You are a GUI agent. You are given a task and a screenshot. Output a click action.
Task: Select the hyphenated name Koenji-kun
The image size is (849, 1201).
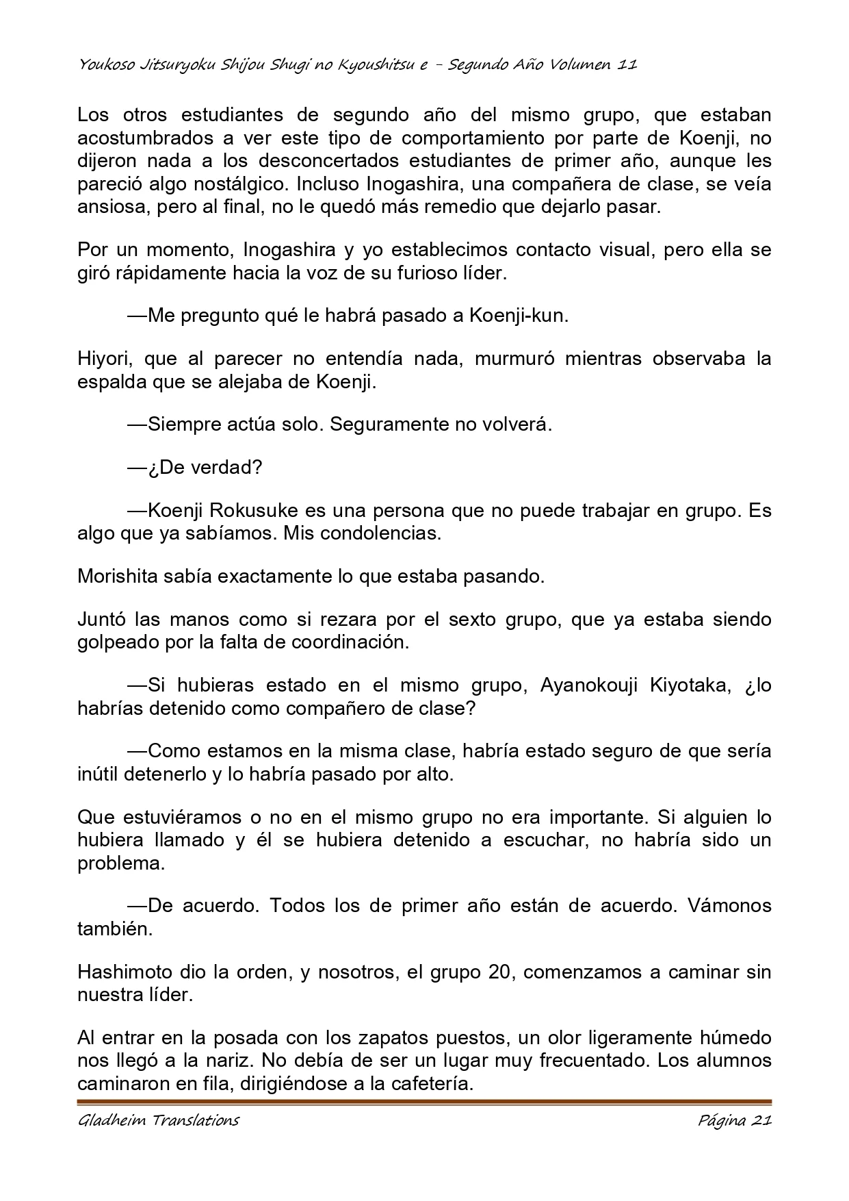tap(519, 316)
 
